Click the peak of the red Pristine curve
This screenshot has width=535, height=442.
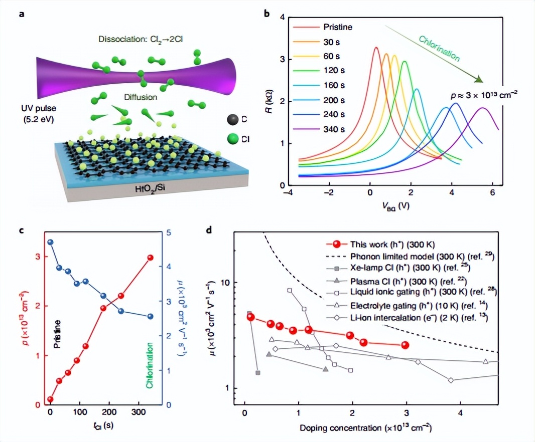[x=376, y=48]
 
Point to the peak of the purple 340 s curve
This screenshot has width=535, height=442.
[x=482, y=108]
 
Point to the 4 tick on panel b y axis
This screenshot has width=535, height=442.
[x=282, y=18]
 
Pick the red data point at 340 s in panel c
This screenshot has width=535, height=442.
[x=150, y=258]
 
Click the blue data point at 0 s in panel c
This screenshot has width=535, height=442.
[x=50, y=243]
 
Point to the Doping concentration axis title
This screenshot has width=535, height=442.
[x=366, y=429]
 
